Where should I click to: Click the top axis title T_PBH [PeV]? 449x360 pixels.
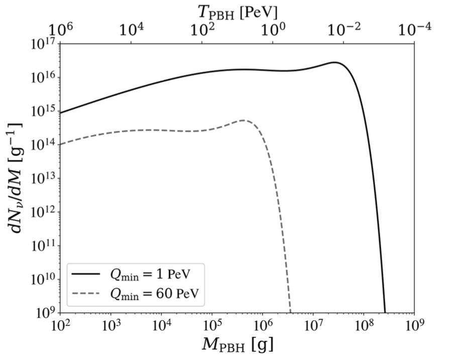[x=238, y=11]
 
